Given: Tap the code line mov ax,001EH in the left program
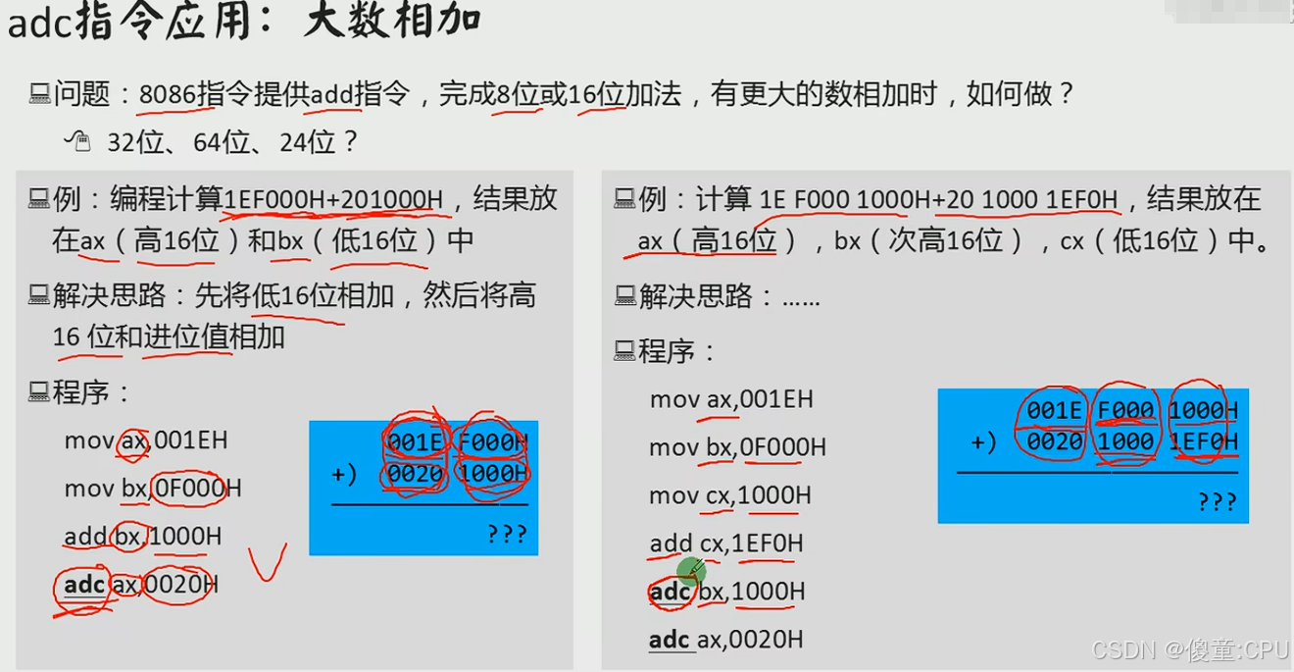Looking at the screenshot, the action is pos(146,440).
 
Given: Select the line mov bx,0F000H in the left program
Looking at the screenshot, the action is pos(153,489).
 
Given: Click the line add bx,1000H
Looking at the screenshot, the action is pos(143,537).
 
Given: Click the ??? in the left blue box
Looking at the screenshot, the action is pos(507,534).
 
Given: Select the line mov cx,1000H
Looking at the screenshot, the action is pos(730,495).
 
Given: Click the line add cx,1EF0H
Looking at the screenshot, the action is pos(726,543).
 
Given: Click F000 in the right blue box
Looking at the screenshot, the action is pos(1125,410).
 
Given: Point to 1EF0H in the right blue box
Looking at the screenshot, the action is pos(1204,441).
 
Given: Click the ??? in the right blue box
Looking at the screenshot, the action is pos(1217,501).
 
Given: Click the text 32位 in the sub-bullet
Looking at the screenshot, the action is pos(134,143).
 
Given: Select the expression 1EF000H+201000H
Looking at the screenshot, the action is pos(333,200).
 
